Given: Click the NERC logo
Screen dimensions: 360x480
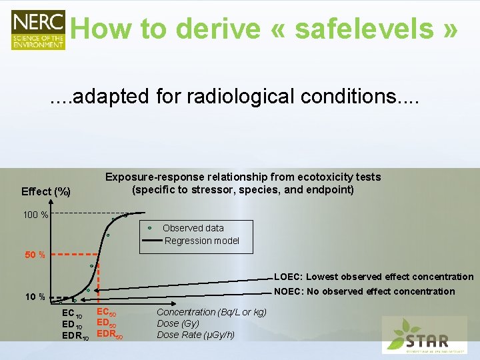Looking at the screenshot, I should point(38,29).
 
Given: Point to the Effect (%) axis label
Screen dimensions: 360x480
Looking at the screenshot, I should point(46,191).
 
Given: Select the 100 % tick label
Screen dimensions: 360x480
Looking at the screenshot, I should point(35,215).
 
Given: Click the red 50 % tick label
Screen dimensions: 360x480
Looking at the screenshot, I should point(35,255).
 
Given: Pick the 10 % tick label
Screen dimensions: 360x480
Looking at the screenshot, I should point(35,297).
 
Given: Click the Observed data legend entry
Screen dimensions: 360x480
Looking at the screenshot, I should point(193,228).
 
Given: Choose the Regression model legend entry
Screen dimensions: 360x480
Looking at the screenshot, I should point(201,241).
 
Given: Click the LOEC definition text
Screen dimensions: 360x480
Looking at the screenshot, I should point(373,277).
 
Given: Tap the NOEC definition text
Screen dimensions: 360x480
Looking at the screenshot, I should point(365,291).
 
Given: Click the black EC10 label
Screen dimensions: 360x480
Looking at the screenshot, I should point(71,313).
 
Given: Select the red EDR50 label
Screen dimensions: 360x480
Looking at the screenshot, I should point(110,335).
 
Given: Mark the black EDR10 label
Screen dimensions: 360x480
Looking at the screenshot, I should point(75,336).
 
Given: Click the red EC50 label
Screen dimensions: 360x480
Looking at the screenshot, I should point(107,312).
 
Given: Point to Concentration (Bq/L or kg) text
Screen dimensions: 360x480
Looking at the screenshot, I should point(211,312).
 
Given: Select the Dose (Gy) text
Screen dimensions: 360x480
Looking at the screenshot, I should point(177,323).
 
